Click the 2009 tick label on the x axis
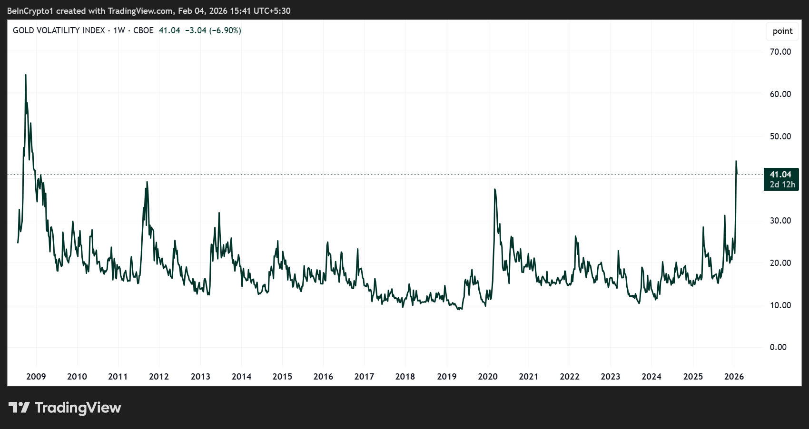tap(36, 377)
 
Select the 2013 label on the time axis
tap(200, 377)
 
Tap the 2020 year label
tap(488, 377)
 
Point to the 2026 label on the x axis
tap(734, 377)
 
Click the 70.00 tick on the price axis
tap(780, 52)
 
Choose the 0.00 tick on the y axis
tap(778, 347)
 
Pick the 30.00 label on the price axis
tap(780, 221)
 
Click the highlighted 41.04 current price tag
tap(780, 175)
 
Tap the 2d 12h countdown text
tap(782, 185)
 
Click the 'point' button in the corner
tap(782, 31)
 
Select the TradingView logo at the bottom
tap(65, 408)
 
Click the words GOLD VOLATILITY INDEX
tap(59, 30)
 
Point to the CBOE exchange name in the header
tap(143, 30)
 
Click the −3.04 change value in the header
tap(196, 30)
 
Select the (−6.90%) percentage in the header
tap(225, 30)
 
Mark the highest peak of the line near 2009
tap(26, 75)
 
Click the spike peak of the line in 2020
tap(495, 189)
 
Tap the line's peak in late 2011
tap(147, 182)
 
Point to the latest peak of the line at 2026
tap(736, 161)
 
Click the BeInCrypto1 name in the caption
tap(30, 11)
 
